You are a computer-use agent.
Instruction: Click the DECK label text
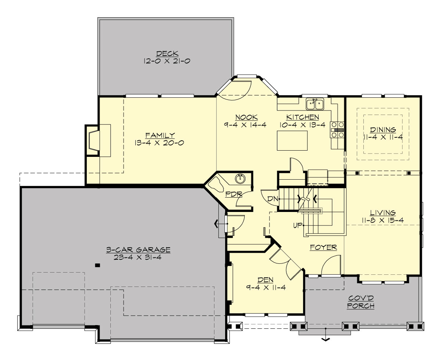166,54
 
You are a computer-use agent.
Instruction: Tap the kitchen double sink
315,104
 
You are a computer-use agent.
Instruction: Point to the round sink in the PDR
240,179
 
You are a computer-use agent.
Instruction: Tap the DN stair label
272,199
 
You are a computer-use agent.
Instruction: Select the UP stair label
297,224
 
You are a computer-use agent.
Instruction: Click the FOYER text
323,247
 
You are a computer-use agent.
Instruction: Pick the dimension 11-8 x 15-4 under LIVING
383,220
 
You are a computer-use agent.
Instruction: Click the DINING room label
383,130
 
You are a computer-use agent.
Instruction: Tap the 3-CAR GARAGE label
138,250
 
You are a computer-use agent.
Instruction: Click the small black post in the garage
97,264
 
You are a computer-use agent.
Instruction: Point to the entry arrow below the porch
325,339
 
